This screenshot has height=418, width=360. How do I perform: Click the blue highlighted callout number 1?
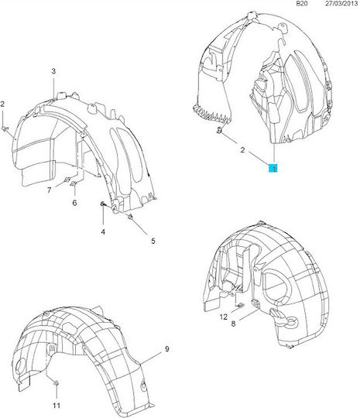coord(273,168)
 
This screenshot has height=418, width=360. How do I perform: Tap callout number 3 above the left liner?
coord(53,71)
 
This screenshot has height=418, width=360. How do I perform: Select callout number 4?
coord(103,231)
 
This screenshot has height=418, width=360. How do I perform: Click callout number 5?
coord(153,241)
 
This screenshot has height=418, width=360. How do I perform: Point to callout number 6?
coord(74,203)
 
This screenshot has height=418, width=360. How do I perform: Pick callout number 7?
coord(49,190)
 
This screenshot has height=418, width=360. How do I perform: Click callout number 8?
coord(233,324)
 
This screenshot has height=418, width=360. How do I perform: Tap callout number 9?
coord(167,348)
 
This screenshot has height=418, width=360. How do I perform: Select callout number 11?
coord(57,406)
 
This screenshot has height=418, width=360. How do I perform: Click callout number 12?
coord(224,317)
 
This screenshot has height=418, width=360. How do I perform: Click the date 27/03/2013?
coord(341,3)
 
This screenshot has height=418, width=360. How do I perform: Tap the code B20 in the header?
coord(302,3)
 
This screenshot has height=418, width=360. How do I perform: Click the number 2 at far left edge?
coord(2,104)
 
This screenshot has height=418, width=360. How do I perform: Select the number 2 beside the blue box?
coord(242,150)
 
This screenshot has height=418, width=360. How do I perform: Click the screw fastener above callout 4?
coord(103,204)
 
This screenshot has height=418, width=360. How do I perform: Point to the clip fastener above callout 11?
coord(56,383)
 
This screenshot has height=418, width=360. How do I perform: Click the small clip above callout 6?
coord(74,183)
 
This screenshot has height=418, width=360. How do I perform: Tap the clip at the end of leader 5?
coord(131,217)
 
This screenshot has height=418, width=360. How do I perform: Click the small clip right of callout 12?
coord(240,305)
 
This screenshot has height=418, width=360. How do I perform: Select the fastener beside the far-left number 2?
coord(5,128)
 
